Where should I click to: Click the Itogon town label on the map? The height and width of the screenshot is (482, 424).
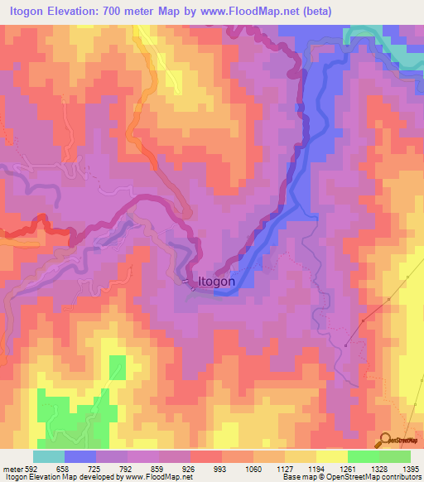(216, 282)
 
